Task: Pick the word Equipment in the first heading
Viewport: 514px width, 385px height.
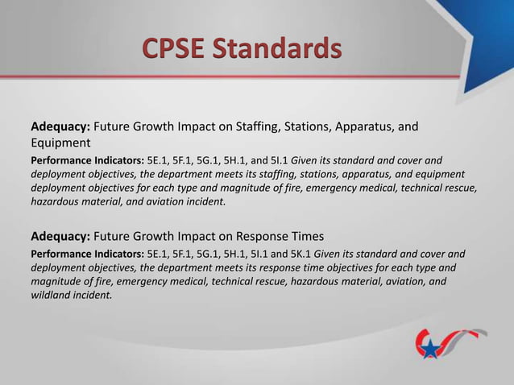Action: [x=60, y=143]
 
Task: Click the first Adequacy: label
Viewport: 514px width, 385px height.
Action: [x=60, y=127]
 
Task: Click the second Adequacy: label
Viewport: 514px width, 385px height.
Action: [x=60, y=237]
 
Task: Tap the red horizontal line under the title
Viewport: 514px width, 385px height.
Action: [x=257, y=77]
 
